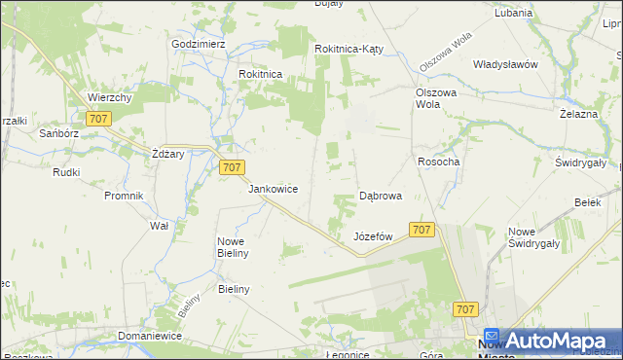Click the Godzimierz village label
tap(199, 44)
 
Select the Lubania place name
tap(513, 14)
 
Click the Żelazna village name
tap(578, 114)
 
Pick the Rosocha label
tap(438, 162)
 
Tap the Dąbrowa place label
tap(381, 196)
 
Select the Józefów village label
tap(373, 236)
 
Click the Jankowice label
tap(273, 189)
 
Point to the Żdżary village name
tap(167, 155)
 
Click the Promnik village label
tap(124, 196)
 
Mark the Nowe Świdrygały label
tap(531, 237)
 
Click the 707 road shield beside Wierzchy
tap(98, 119)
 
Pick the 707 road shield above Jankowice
tap(231, 167)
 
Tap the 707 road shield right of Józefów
tap(421, 230)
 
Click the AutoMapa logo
tap(549, 341)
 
